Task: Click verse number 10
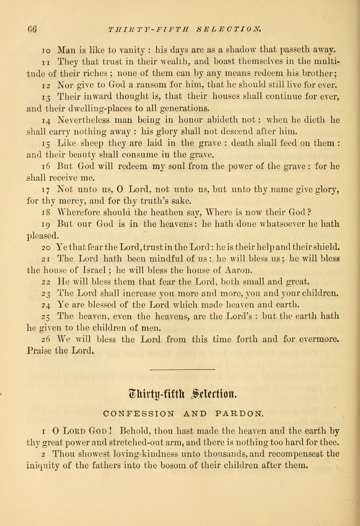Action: pos(46,49)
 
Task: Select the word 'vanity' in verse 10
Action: pos(115,49)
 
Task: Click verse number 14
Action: pos(46,120)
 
